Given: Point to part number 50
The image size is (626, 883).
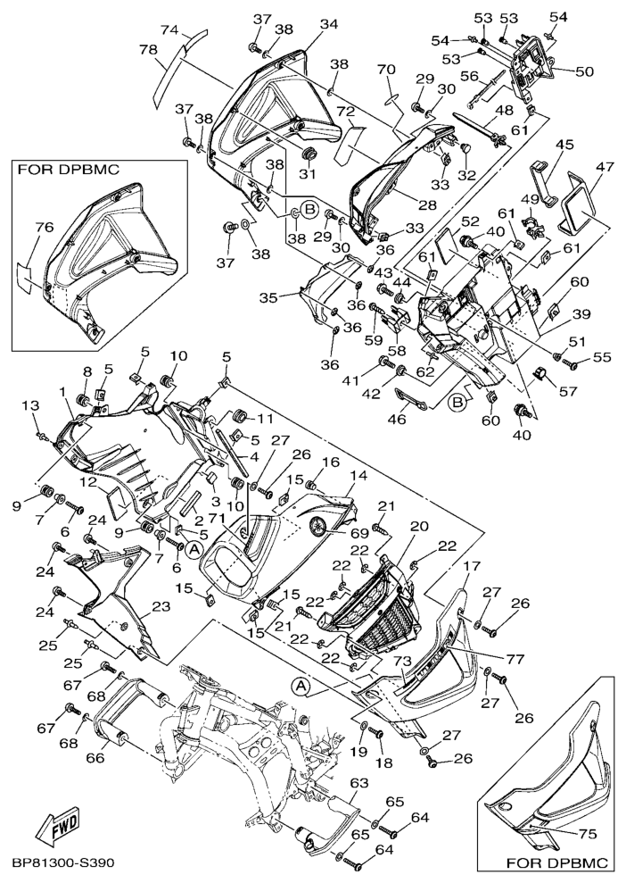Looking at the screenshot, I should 584,71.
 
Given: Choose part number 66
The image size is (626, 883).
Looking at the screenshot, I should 94,758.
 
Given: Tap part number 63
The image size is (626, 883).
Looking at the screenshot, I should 358,784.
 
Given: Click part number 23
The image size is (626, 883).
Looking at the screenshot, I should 161,607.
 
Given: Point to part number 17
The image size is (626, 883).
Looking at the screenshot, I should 472,566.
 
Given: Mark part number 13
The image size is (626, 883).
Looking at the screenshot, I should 35,405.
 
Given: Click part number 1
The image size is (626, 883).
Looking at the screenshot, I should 63,391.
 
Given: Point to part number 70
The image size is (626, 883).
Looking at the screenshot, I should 385,70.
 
